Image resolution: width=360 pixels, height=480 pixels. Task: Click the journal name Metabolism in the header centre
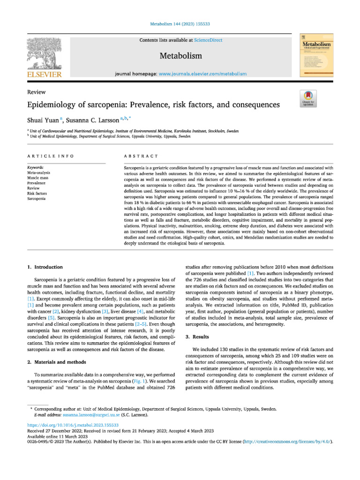181,56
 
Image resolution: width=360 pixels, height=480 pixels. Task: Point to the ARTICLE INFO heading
50,155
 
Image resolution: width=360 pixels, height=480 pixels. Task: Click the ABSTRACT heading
141,155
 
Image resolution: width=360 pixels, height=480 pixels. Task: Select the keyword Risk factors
37,193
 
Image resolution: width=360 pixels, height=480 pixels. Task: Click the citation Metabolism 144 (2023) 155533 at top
180,23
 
